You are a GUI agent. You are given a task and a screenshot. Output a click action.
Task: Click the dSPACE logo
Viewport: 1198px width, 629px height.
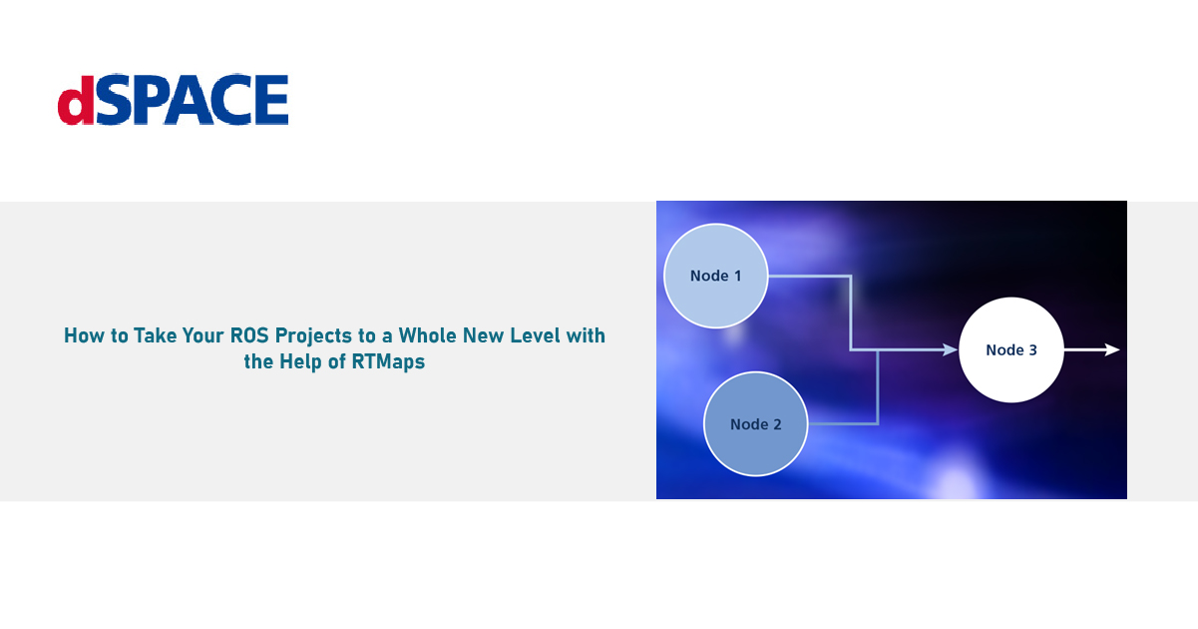point(173,99)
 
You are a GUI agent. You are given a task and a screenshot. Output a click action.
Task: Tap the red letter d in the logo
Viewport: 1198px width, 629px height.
point(76,100)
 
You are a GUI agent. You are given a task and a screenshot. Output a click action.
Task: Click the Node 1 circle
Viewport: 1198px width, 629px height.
point(715,276)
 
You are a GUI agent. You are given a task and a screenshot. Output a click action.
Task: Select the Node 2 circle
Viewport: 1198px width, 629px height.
point(756,424)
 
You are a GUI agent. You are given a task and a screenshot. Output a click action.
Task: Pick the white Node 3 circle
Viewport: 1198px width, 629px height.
point(1010,349)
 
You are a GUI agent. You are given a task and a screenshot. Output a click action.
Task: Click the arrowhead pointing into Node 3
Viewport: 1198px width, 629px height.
point(950,349)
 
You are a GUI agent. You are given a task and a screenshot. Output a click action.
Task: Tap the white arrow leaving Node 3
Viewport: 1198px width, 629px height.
point(1091,349)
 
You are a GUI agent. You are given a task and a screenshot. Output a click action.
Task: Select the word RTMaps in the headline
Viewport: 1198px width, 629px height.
point(388,361)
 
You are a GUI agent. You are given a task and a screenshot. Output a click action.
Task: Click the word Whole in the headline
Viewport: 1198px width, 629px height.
point(427,335)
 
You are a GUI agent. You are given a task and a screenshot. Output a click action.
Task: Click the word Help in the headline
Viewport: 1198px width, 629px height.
point(300,361)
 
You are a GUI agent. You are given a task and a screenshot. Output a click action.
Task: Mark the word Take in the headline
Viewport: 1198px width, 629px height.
point(155,335)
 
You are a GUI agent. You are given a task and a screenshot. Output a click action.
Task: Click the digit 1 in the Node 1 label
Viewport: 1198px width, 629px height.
point(737,276)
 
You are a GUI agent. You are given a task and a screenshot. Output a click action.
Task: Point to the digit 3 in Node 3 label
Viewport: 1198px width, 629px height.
point(1032,350)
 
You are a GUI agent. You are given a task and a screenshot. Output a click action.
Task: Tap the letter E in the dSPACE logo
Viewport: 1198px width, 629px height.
point(271,100)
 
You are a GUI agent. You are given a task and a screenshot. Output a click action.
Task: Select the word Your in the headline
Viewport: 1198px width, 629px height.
point(203,335)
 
